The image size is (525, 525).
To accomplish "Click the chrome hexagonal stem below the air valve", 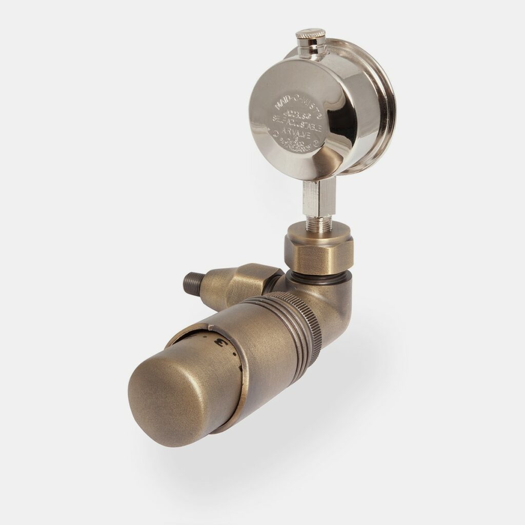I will pos(318,197).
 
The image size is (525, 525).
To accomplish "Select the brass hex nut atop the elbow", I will pos(318,249).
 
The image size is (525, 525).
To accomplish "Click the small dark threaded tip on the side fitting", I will pos(192,281).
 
